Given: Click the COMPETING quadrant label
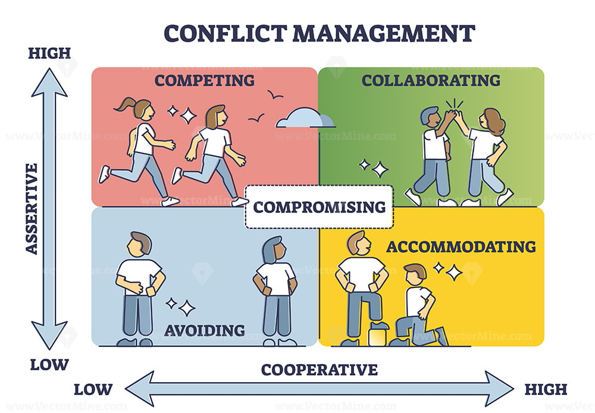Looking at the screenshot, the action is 205,80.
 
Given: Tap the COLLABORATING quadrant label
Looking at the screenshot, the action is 431,80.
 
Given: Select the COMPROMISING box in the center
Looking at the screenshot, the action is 319,207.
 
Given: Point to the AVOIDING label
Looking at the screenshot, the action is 205,331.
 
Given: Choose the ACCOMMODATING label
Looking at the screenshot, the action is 461,247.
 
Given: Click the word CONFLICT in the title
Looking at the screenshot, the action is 226,33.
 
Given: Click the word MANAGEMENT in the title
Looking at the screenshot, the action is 384,33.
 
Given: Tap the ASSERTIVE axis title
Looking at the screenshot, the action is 32,208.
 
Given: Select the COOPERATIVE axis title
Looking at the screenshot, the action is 319,370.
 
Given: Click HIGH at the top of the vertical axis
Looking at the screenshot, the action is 49,53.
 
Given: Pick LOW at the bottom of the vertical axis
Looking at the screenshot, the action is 49,365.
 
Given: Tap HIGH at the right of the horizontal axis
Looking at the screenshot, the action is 546,389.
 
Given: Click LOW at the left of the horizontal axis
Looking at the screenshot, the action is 93,389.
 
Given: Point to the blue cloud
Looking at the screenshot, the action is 305,118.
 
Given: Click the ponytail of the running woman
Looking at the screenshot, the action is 125,104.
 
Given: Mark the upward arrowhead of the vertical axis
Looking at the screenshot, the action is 49,82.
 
